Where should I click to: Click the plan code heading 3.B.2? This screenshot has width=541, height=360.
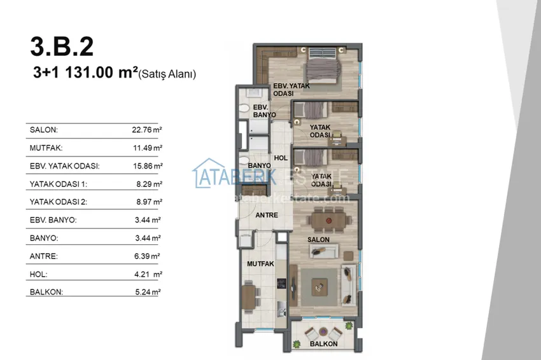pyautogui.click(x=62, y=46)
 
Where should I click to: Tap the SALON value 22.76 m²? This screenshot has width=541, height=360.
pyautogui.click(x=147, y=130)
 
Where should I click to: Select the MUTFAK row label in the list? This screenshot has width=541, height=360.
pyautogui.click(x=46, y=148)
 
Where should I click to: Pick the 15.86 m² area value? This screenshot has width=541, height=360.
pyautogui.click(x=148, y=166)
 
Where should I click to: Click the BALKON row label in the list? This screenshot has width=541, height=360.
pyautogui.click(x=46, y=292)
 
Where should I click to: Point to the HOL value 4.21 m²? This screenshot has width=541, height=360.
pyautogui.click(x=148, y=274)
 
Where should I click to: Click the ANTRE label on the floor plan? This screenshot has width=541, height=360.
pyautogui.click(x=267, y=215)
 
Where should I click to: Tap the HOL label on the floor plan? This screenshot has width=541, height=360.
pyautogui.click(x=281, y=158)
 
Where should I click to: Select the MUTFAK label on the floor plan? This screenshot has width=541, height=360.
pyautogui.click(x=260, y=264)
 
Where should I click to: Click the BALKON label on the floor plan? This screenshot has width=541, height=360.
pyautogui.click(x=323, y=344)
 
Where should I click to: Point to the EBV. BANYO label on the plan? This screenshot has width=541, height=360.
pyautogui.click(x=264, y=111)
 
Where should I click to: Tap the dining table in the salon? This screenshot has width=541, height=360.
pyautogui.click(x=328, y=220)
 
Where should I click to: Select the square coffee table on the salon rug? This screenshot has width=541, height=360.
pyautogui.click(x=320, y=287)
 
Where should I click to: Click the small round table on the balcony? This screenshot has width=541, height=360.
pyautogui.click(x=323, y=331)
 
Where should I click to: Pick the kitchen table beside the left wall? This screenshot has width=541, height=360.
pyautogui.click(x=248, y=297)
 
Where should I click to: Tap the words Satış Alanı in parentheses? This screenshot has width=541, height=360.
pyautogui.click(x=167, y=74)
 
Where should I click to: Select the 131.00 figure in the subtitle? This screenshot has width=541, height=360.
pyautogui.click(x=89, y=73)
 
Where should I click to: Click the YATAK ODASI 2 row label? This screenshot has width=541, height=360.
pyautogui.click(x=59, y=202)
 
